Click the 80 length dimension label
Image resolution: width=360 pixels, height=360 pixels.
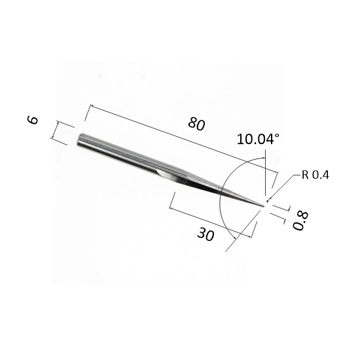(x=196, y=124)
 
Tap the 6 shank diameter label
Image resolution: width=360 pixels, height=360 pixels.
(x=33, y=120)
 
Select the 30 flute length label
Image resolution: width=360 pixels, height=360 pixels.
(x=206, y=234)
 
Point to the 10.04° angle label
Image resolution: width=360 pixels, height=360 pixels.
(x=258, y=139)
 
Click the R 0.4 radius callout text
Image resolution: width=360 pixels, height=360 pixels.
(x=315, y=175)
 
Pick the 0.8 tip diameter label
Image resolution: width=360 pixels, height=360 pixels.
(x=300, y=221)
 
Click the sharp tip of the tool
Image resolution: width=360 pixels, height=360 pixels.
(x=264, y=206)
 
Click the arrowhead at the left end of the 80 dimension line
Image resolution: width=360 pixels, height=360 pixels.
(x=92, y=106)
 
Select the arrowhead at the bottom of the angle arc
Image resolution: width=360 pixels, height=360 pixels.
(x=234, y=238)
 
